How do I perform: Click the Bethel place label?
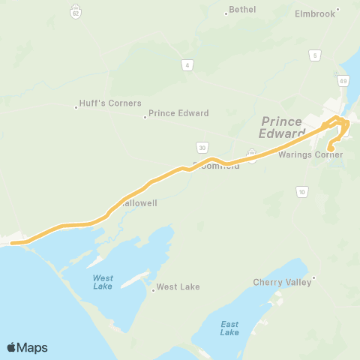pos(242,10)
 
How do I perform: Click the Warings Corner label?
pos(310,154)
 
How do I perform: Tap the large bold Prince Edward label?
pos(281,127)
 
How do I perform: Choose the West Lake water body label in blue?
pos(103,282)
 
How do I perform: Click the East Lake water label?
pos(229,328)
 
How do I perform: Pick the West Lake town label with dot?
pos(178,287)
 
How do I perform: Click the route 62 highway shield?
pos(76,12)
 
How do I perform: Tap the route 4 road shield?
pos(187,65)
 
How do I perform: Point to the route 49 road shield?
pos(343,80)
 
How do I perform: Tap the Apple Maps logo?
pos(27,347)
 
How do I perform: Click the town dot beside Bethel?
pos(226,13)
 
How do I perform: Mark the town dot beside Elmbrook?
pos(338,10)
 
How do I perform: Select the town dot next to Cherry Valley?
pos(313,278)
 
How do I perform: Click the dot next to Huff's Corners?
pos(76,107)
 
